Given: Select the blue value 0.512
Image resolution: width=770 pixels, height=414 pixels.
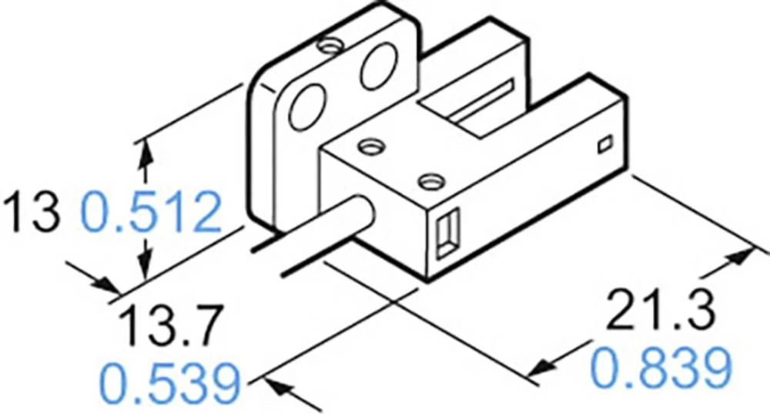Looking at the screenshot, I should coord(151,214).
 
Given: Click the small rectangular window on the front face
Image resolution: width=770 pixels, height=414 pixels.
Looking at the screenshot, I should coord(444,234).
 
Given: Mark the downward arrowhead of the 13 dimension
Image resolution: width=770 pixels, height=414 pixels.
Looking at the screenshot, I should coord(142,269).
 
